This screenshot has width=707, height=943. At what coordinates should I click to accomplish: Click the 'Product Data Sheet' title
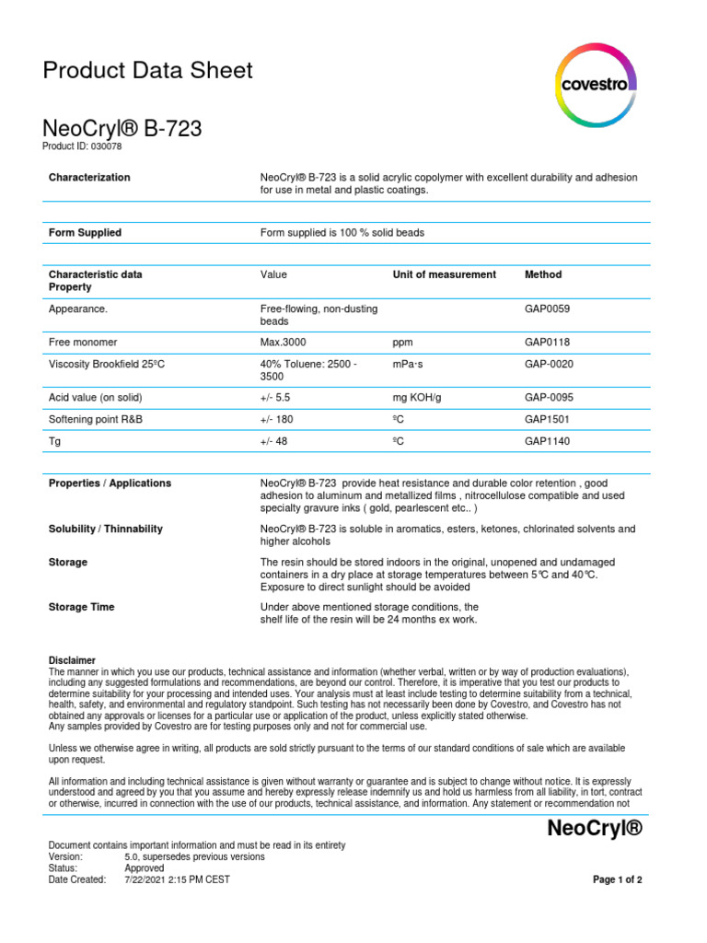(x=148, y=70)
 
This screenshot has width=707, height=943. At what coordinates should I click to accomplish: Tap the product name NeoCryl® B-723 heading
(x=122, y=130)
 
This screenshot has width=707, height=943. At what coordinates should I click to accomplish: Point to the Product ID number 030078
(x=105, y=146)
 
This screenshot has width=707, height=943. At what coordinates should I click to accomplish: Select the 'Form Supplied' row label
(x=85, y=233)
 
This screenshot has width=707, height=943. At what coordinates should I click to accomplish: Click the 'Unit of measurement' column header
(x=444, y=274)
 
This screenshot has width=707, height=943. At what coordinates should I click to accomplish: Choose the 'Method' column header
(x=542, y=274)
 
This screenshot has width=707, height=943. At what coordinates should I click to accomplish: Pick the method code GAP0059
(x=547, y=309)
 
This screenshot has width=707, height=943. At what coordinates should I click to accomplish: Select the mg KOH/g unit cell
(x=420, y=397)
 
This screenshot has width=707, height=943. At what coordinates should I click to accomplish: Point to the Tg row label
(x=54, y=441)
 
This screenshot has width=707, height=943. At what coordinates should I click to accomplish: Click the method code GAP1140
(x=547, y=441)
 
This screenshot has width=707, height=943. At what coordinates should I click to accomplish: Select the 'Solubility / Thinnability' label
(x=105, y=529)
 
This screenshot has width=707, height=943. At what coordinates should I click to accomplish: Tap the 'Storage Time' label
(x=81, y=607)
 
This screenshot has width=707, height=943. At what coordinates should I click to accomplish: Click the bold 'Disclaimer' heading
(x=72, y=660)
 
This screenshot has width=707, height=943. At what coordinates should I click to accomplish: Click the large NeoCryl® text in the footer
(x=594, y=828)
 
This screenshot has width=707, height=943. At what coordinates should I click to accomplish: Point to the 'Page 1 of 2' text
(x=617, y=879)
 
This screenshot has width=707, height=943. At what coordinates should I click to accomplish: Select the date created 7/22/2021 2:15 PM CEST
(x=177, y=879)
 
